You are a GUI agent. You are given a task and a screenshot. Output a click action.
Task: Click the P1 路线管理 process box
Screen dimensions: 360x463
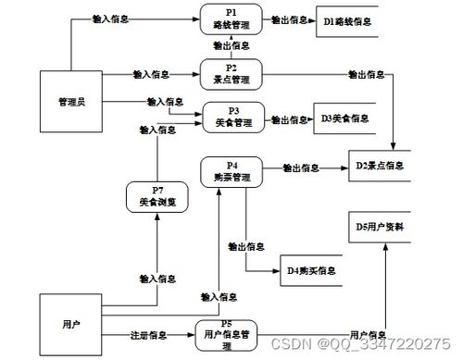231,19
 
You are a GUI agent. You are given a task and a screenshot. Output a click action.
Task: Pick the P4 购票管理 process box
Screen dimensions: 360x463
231,171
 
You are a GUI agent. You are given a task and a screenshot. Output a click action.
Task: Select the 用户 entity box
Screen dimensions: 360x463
70,324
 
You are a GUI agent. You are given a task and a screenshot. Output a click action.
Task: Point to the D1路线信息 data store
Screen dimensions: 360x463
347,19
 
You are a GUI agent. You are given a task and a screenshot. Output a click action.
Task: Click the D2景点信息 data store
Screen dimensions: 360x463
379,167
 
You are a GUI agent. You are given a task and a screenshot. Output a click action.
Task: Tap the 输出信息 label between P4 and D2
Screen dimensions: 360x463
302,168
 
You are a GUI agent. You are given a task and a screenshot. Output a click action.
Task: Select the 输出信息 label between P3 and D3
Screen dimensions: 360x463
289,119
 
